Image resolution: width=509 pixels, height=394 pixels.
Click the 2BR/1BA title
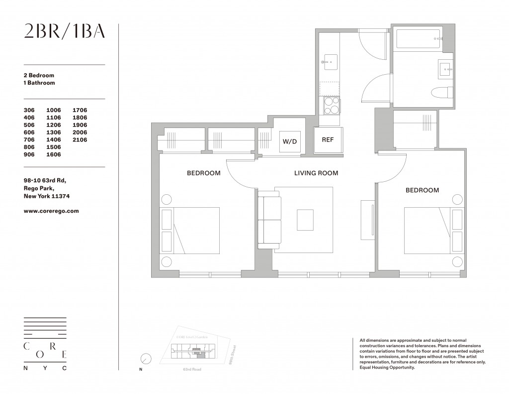[65, 31]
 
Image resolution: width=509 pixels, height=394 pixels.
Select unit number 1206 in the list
[53, 125]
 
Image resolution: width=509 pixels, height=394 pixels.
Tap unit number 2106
[80, 140]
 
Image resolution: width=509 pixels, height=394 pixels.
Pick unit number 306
[30, 110]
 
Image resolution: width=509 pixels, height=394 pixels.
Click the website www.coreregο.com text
[51, 211]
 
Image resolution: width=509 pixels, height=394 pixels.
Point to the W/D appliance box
[289, 141]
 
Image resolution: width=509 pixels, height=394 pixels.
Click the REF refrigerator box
[328, 140]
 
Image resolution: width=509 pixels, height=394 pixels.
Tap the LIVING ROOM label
[316, 173]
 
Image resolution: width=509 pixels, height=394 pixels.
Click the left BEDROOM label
[203, 173]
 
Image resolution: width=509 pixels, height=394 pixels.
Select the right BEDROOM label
[422, 190]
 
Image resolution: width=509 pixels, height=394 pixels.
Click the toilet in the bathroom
[442, 93]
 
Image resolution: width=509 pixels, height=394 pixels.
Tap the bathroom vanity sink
[445, 70]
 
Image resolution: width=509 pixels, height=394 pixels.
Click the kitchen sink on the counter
[329, 63]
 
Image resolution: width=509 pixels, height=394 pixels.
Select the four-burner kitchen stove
[331, 105]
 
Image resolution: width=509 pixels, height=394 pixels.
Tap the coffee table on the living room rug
[305, 220]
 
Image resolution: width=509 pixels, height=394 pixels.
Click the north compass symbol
[146, 359]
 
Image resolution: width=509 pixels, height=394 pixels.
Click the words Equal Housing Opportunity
[386, 367]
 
